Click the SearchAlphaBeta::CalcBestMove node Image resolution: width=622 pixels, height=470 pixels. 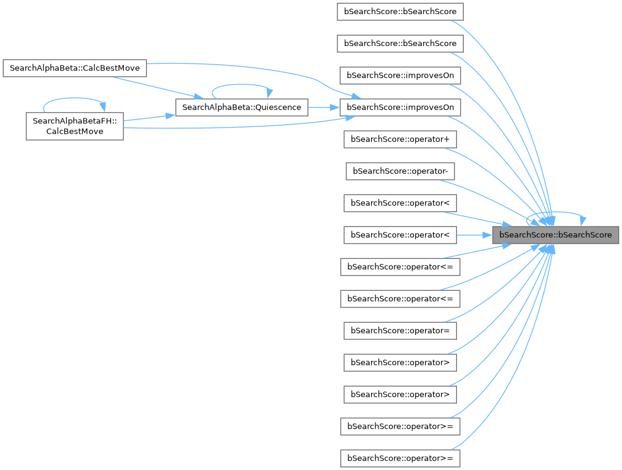pos(75,67)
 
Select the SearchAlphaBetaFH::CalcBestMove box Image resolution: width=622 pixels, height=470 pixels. pos(75,125)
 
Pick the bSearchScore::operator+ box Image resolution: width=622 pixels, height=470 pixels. pos(400,139)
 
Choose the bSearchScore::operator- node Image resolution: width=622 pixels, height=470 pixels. pos(400,171)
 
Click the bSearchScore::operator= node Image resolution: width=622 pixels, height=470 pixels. pos(400,330)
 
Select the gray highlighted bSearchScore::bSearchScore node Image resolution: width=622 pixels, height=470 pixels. pos(555,234)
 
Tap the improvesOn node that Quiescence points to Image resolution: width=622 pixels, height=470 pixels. pos(400,107)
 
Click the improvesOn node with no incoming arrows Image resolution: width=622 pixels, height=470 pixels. pos(400,75)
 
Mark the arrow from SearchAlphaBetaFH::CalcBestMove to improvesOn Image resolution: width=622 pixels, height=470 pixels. pos(245,126)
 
